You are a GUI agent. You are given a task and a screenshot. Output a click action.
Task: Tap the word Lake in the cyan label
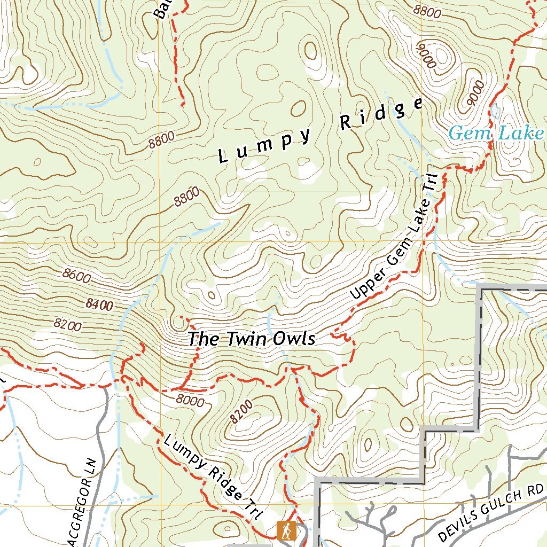click(x=521, y=132)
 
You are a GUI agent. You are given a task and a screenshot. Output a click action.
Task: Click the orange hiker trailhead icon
click(x=287, y=530)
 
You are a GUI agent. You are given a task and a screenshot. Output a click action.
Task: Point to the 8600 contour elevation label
click(x=76, y=276)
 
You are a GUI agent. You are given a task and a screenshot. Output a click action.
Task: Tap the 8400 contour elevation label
click(x=99, y=305)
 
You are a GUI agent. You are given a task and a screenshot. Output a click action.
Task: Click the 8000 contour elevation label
click(x=189, y=400)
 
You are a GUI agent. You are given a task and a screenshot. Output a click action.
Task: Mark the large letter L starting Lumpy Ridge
click(x=223, y=157)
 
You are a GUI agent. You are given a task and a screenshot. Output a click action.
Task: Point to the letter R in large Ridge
click(x=346, y=123)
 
